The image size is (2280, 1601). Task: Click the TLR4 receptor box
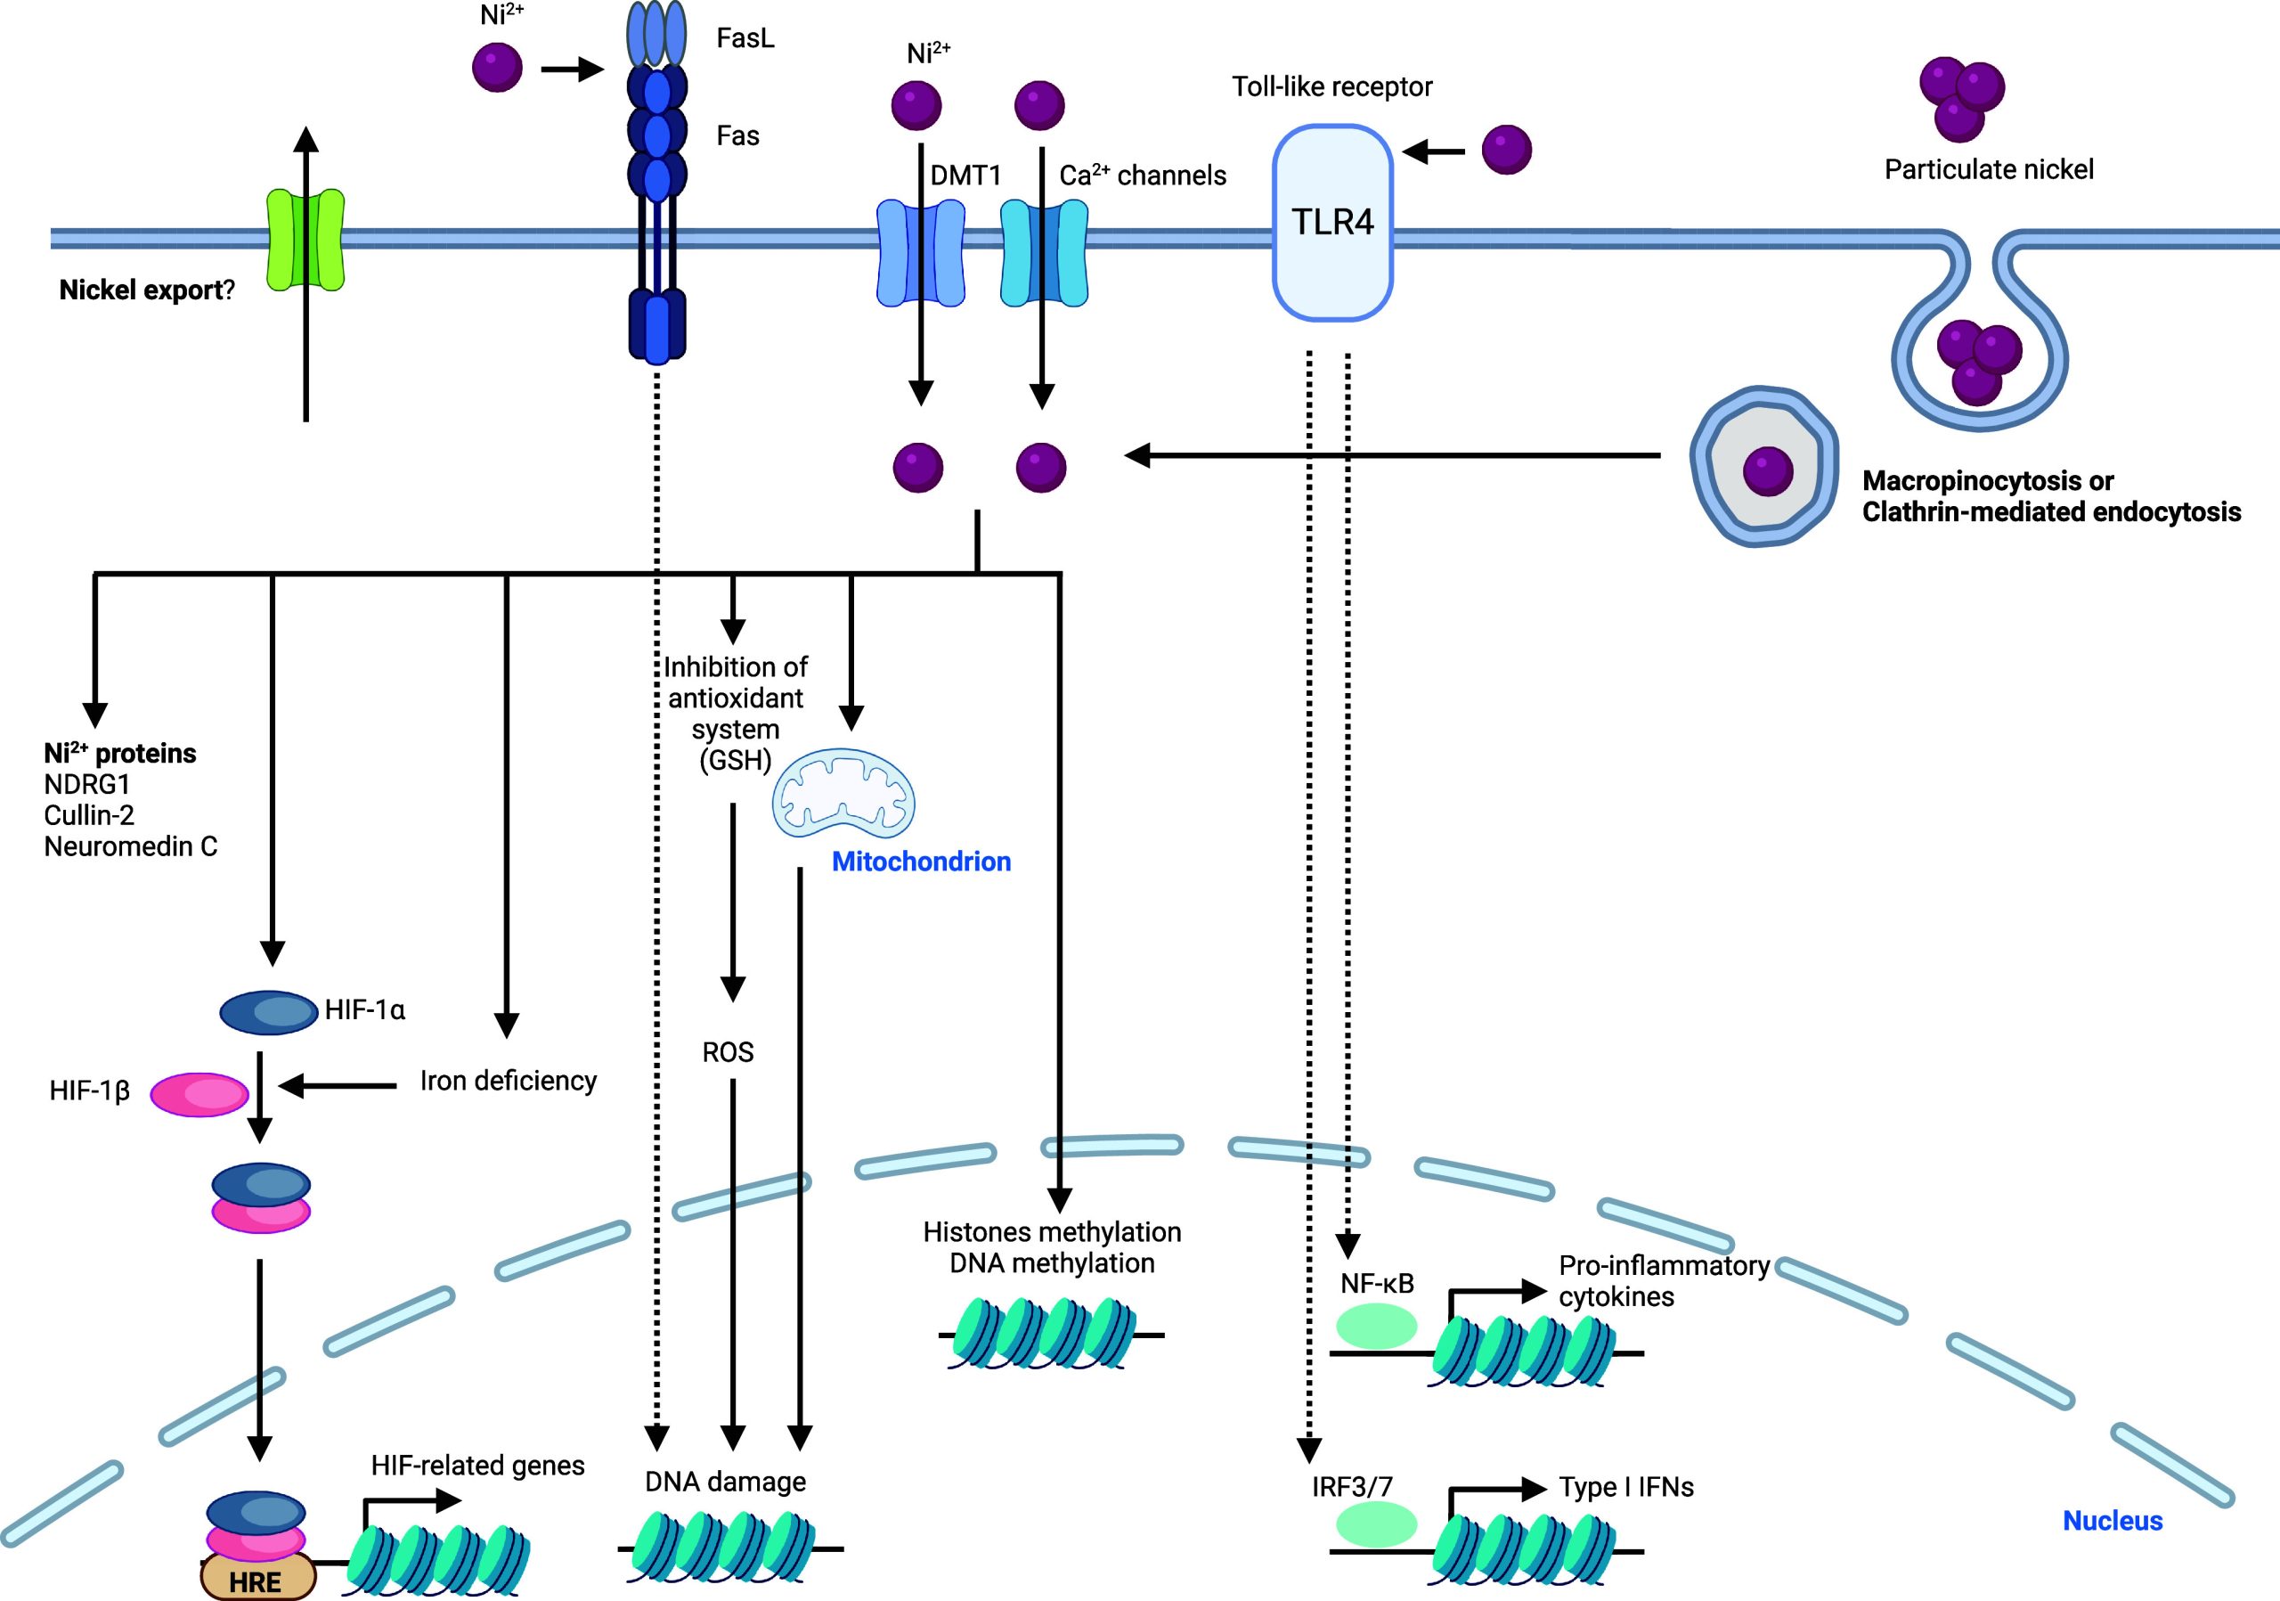1331,223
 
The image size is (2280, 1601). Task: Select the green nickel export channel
305,240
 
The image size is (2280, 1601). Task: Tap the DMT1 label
965,176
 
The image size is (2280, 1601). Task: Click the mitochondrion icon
844,794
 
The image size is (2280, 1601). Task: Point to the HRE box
257,1579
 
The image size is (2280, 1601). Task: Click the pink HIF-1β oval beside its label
199,1093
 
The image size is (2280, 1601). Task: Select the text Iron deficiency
509,1081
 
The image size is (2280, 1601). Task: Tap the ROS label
728,1052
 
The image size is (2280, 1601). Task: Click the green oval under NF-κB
1376,1326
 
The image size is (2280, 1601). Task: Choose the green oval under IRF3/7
1376,1523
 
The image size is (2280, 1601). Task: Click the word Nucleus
2113,1521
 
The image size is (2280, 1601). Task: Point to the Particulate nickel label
1988,170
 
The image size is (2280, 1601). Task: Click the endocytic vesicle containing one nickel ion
1763,467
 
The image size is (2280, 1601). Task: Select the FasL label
745,38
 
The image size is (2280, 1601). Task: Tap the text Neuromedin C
130,846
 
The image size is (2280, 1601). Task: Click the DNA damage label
725,1482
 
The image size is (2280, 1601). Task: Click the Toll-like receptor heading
1331,87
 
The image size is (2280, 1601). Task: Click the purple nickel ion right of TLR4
1506,150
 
